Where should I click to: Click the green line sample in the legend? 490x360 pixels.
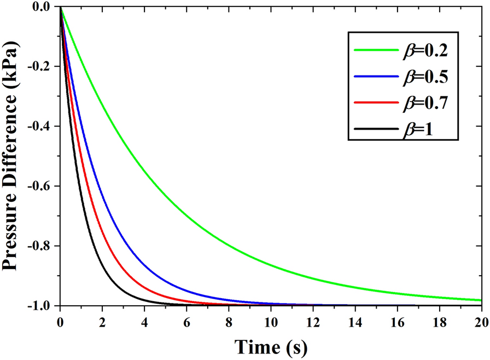click(377, 50)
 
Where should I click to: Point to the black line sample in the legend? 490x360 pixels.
click(377, 130)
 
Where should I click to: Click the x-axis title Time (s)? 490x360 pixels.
click(271, 346)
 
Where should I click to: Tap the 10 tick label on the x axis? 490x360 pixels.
click(271, 321)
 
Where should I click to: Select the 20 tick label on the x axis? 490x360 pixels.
click(481, 321)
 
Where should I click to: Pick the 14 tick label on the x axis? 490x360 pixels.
click(355, 321)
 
